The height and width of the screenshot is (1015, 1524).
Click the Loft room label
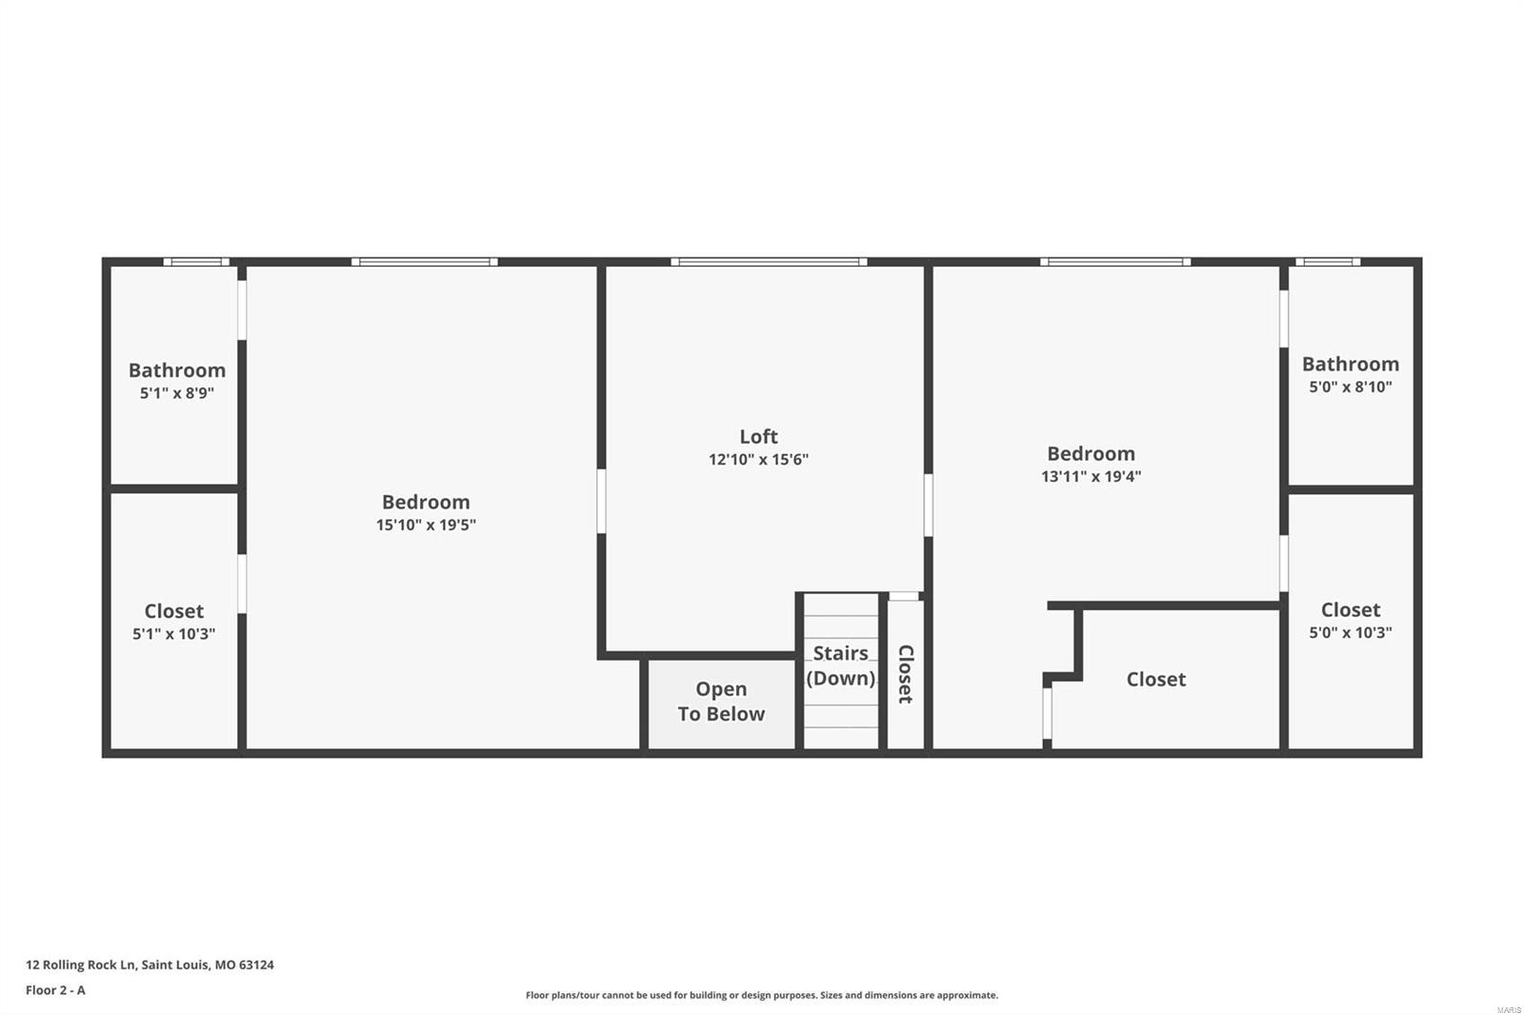758,436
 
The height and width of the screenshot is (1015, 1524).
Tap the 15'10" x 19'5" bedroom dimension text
426,525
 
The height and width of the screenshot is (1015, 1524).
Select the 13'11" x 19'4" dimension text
1091,476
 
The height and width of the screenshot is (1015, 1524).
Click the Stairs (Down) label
840,666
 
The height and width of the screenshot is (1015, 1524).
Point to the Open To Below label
721,702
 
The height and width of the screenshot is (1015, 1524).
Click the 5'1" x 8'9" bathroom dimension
176,393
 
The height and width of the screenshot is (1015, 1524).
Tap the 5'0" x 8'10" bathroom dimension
1350,387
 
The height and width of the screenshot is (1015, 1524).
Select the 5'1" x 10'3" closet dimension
173,634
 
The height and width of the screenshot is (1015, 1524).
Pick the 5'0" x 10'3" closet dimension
1350,632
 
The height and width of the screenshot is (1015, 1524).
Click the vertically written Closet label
905,674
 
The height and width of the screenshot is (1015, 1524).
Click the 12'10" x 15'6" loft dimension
758,460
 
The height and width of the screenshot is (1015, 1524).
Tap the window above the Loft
768,262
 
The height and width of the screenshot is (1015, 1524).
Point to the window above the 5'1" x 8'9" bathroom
196,262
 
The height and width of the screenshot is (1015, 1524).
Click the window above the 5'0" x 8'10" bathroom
1327,262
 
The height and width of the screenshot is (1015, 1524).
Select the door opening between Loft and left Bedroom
602,501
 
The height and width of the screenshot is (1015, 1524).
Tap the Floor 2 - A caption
55,990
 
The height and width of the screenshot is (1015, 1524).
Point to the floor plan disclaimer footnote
762,995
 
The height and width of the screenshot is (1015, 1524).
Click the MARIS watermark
1509,1009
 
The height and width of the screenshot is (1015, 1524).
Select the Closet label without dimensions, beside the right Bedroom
1155,679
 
